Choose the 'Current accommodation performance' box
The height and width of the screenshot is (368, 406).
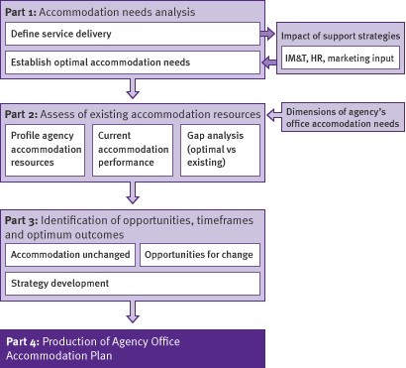pos(133,147)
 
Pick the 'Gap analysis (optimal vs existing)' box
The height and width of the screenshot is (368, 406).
pos(219,147)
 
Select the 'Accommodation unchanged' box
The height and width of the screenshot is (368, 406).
pos(69,255)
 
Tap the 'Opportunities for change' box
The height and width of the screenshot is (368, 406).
pos(200,255)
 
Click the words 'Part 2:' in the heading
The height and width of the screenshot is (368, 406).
pos(24,114)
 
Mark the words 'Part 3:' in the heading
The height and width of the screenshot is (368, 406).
pos(24,215)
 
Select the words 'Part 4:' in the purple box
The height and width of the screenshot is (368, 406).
pos(27,338)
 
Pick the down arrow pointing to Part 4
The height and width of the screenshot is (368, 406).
pos(133,314)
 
